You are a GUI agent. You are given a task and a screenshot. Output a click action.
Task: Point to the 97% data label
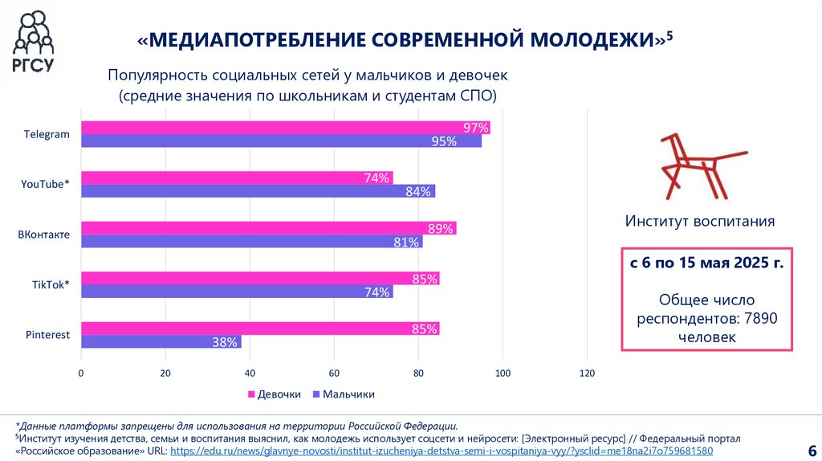[x=476, y=128]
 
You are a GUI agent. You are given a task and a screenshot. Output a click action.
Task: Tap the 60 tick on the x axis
[x=334, y=373]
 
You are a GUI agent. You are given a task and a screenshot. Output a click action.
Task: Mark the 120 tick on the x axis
[x=587, y=373]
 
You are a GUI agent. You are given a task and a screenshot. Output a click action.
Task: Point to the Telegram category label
[x=47, y=134]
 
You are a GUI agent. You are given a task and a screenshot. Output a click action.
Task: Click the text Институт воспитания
[x=700, y=222]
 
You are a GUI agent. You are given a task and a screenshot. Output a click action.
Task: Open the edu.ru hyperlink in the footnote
[x=442, y=451]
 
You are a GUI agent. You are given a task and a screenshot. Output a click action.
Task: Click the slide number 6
[x=811, y=448]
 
